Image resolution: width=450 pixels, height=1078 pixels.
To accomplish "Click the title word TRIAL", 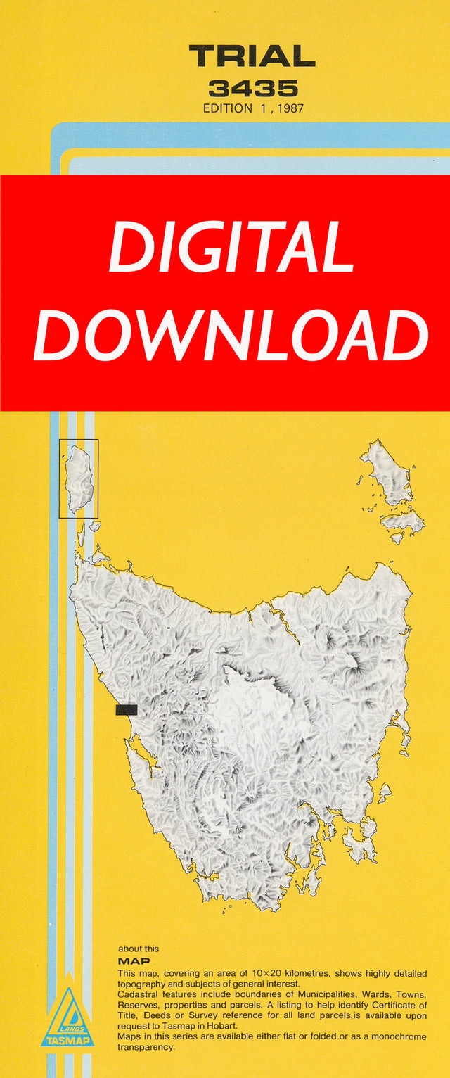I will coord(252,56).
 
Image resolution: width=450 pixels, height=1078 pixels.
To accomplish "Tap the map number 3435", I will coord(252,89).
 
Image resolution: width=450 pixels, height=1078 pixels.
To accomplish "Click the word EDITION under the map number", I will coord(227,108).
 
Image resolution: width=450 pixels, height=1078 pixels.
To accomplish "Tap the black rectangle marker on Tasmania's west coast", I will coord(127,709).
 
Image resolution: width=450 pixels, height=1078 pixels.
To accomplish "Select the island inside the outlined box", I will coord(78,478).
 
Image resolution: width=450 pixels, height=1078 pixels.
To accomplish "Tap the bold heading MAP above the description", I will coord(134,960).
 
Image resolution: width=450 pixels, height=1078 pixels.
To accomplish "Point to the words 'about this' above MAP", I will coord(139,949).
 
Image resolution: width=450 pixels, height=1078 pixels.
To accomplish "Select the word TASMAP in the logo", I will coord(67,1040).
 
